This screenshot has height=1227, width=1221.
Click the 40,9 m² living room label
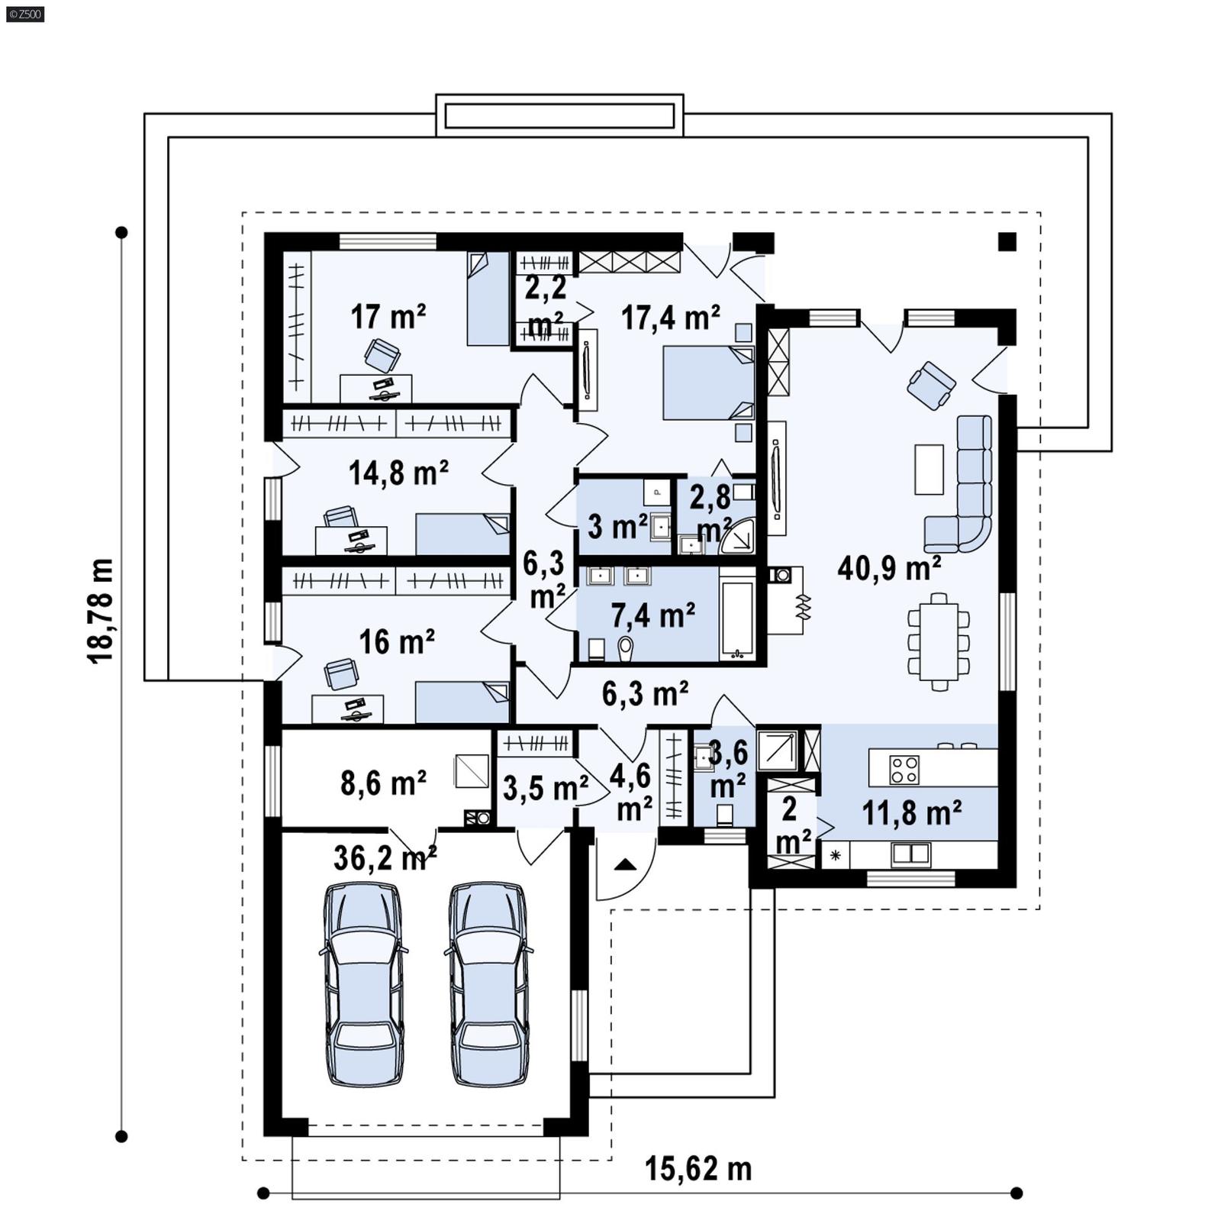point(889,569)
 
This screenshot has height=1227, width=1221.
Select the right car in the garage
point(488,984)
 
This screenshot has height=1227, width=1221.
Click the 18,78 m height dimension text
point(101,611)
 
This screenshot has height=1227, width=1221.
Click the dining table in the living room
point(938,641)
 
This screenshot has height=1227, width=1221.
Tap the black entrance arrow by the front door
point(625,864)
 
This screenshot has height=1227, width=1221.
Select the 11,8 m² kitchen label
point(911,814)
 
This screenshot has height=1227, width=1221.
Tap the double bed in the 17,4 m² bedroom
point(708,383)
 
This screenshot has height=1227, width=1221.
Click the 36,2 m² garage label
point(385,858)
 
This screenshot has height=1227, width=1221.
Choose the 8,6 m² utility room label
point(383,783)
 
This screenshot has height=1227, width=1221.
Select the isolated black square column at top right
point(1007,242)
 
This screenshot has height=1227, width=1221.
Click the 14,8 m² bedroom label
point(398,473)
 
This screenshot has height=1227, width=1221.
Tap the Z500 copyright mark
point(24,13)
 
